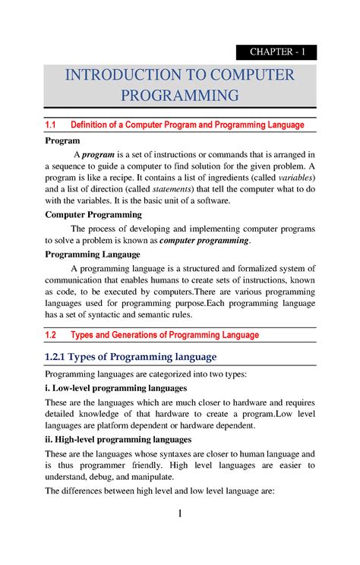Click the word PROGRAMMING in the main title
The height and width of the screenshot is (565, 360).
click(180, 95)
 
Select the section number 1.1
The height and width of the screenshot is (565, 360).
click(52, 125)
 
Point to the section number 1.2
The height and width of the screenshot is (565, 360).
click(52, 335)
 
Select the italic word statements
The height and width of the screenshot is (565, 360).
click(173, 189)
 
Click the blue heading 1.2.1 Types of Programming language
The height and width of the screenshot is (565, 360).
click(131, 357)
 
